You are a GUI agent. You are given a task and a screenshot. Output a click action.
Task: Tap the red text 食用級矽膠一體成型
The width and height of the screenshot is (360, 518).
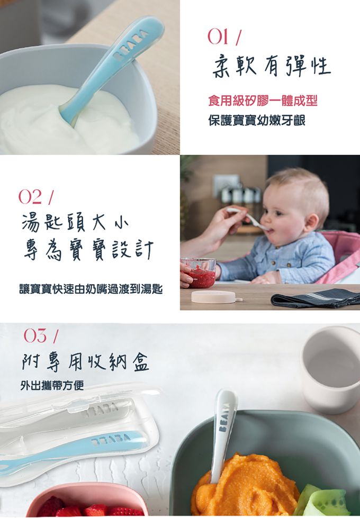[x=262, y=101]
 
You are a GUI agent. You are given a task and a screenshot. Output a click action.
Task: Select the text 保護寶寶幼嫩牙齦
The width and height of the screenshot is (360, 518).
[x=256, y=121]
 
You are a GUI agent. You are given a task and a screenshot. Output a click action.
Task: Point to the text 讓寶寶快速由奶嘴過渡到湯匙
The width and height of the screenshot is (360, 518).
[x=91, y=289]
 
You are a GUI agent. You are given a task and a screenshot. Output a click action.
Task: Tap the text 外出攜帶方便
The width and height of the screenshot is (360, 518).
[x=51, y=385]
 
